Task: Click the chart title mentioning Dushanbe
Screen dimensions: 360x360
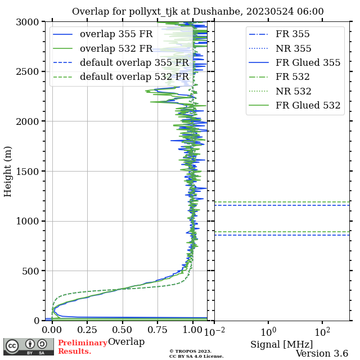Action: pyautogui.click(x=197, y=12)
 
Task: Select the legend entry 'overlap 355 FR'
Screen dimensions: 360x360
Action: pyautogui.click(x=116, y=34)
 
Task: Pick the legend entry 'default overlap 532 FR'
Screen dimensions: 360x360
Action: pyautogui.click(x=134, y=76)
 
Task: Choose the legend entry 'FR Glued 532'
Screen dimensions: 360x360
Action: pyautogui.click(x=308, y=105)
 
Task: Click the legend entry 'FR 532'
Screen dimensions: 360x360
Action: pyautogui.click(x=292, y=76)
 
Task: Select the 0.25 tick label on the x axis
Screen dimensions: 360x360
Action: pyautogui.click(x=88, y=329)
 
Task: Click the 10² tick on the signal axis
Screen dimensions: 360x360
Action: pyautogui.click(x=322, y=329)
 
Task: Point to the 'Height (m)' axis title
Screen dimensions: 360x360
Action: pyautogui.click(x=8, y=171)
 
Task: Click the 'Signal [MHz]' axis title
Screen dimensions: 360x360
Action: pyautogui.click(x=281, y=344)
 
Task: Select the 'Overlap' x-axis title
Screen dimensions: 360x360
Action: pyautogui.click(x=126, y=342)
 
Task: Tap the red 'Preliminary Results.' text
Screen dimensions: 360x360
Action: pyautogui.click(x=82, y=347)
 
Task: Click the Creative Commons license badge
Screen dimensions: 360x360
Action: pyautogui.click(x=29, y=346)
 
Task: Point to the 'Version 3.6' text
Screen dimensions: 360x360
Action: pyautogui.click(x=322, y=354)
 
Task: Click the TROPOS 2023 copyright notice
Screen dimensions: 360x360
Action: pyautogui.click(x=196, y=353)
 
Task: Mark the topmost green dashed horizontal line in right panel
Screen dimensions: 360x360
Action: pyautogui.click(x=281, y=202)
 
